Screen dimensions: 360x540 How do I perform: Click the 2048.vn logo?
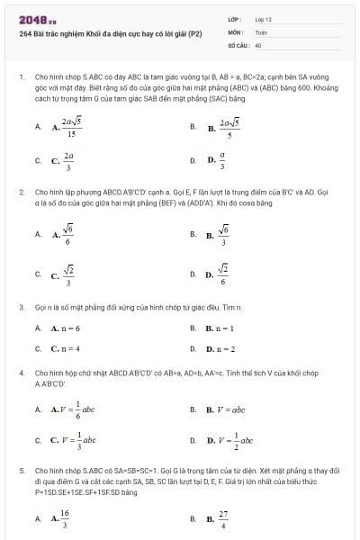click(31, 20)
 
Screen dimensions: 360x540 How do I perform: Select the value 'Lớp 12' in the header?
click(263, 19)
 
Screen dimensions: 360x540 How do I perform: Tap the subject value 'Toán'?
click(261, 31)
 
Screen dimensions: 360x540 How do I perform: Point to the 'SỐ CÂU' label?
click(238, 43)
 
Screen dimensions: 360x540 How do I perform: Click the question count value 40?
click(258, 43)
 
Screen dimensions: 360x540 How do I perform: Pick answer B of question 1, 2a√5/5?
click(225, 128)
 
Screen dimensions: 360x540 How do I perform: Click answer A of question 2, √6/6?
click(63, 235)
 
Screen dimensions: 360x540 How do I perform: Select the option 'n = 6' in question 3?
click(66, 328)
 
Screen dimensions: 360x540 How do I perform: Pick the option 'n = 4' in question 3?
click(66, 348)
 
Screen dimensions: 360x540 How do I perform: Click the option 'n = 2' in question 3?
click(220, 348)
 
